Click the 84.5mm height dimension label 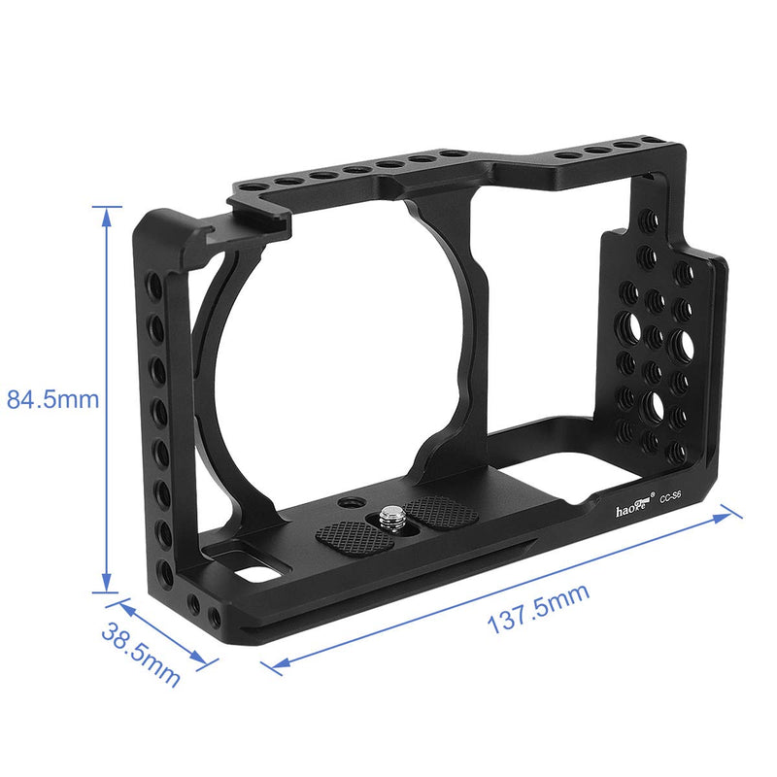click(53, 399)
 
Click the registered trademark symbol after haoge click(654, 492)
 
